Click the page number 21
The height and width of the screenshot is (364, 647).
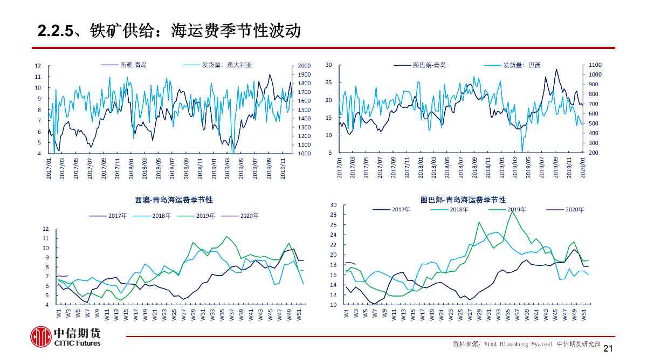point(608,349)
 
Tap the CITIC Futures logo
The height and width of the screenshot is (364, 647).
point(65,336)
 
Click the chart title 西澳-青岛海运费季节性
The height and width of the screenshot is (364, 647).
point(174,200)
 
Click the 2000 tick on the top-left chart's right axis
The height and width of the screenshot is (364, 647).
point(304,66)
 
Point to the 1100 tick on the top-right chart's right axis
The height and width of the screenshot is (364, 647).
point(595,65)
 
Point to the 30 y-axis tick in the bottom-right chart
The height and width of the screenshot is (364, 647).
point(333,205)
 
